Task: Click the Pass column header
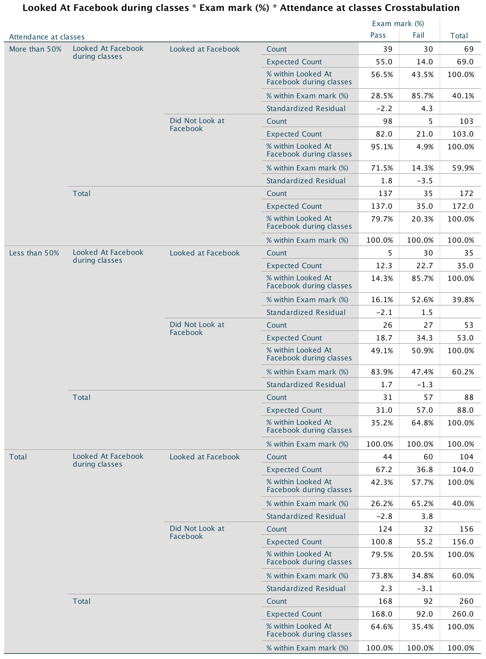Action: pos(378,35)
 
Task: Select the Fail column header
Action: pos(418,35)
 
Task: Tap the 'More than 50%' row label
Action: pos(35,49)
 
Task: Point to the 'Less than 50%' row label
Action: pos(34,253)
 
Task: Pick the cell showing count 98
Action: pos(387,121)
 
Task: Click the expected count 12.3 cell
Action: pos(384,266)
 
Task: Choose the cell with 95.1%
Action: pos(382,147)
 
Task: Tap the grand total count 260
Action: pos(466,601)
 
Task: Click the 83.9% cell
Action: pos(382,372)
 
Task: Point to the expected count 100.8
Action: pos(381,542)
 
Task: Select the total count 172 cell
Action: pos(466,194)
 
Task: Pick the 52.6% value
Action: pos(422,300)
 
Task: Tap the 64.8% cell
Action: pos(422,423)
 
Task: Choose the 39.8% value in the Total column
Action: pos(463,300)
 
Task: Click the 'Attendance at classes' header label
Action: pos(47,37)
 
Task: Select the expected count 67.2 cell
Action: pos(384,470)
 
